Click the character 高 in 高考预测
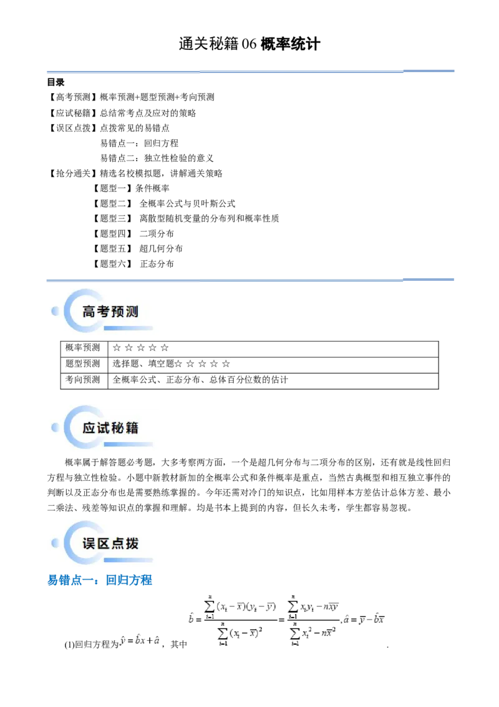89,312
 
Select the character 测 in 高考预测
132,312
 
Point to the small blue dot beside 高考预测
56,310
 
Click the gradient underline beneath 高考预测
128,328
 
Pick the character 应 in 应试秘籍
89,428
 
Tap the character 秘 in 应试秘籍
117,428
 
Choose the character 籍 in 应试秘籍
132,428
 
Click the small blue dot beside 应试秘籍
56,427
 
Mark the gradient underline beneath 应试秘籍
128,444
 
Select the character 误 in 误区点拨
89,543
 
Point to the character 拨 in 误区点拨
132,543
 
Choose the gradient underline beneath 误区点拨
128,559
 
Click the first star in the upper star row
117,348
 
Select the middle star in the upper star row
140,348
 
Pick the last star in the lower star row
226,363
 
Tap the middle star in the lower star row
202,363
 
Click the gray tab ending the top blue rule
429,68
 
